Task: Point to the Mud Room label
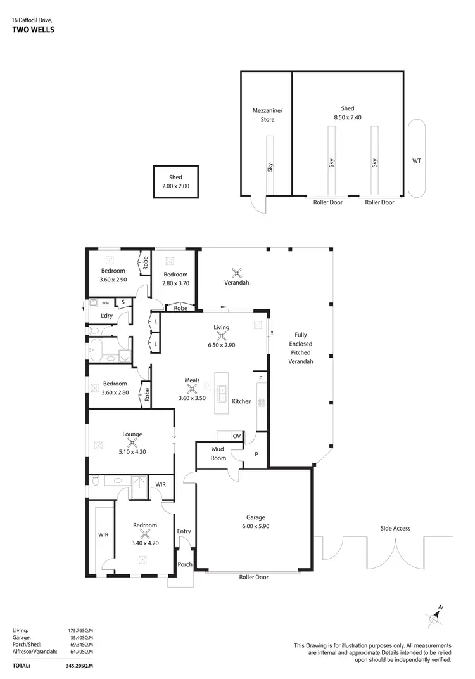point(218,453)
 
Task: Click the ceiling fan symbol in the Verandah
point(237,273)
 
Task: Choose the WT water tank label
point(416,161)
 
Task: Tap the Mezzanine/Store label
point(267,115)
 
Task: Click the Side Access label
point(395,528)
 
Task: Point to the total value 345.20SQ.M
point(80,666)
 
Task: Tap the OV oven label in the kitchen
point(236,436)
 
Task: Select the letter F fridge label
point(260,378)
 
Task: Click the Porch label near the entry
point(184,564)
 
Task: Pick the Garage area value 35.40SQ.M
point(80,637)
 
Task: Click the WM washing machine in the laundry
point(105,303)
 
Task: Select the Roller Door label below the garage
point(253,577)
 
